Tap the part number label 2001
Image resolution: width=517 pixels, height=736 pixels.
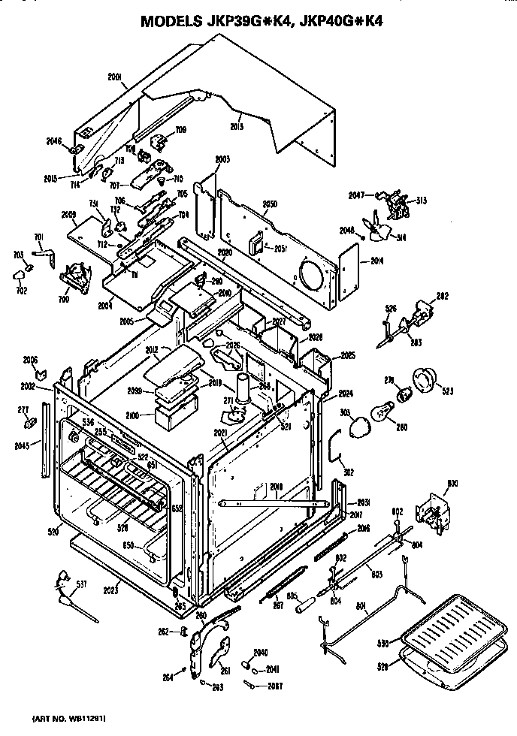click(114, 76)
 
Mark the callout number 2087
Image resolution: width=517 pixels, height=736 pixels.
click(277, 685)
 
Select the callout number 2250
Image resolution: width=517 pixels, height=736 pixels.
click(271, 204)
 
